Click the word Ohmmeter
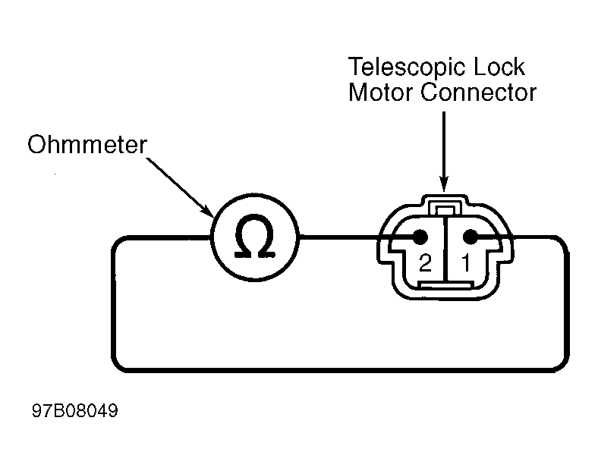coord(87,144)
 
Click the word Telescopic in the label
coord(406,68)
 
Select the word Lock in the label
coord(499,67)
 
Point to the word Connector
coord(478,93)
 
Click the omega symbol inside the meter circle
coord(255,236)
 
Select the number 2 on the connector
coord(425,262)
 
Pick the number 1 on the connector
coord(466,262)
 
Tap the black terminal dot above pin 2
coord(420,237)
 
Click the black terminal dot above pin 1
coord(471,237)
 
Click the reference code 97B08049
coord(75,411)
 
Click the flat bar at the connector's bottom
coord(445,285)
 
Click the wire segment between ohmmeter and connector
coord(339,237)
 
